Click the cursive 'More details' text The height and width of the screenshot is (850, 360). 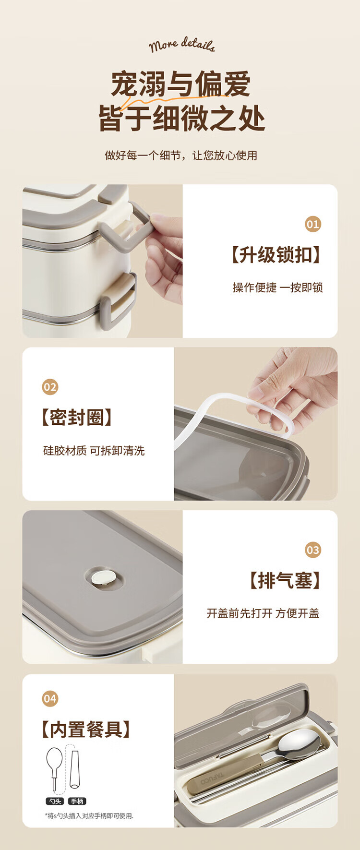click(181, 45)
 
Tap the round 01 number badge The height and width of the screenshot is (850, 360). click(312, 224)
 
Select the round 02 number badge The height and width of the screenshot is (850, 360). click(50, 387)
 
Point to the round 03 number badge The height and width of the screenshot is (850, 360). click(312, 550)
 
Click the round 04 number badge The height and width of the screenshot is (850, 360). click(50, 699)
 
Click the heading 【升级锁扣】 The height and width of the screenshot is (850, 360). click(276, 255)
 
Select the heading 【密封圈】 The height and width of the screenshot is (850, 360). click(77, 418)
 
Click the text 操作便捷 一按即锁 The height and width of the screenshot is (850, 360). click(277, 287)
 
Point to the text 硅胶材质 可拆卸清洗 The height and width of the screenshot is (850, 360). click(94, 451)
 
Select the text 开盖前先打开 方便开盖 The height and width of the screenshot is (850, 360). click(263, 613)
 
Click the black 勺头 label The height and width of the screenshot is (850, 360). click(55, 801)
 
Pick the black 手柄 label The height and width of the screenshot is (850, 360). click(77, 801)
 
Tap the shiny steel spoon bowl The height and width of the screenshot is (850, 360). click(299, 745)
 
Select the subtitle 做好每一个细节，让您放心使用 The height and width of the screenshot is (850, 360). click(181, 156)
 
